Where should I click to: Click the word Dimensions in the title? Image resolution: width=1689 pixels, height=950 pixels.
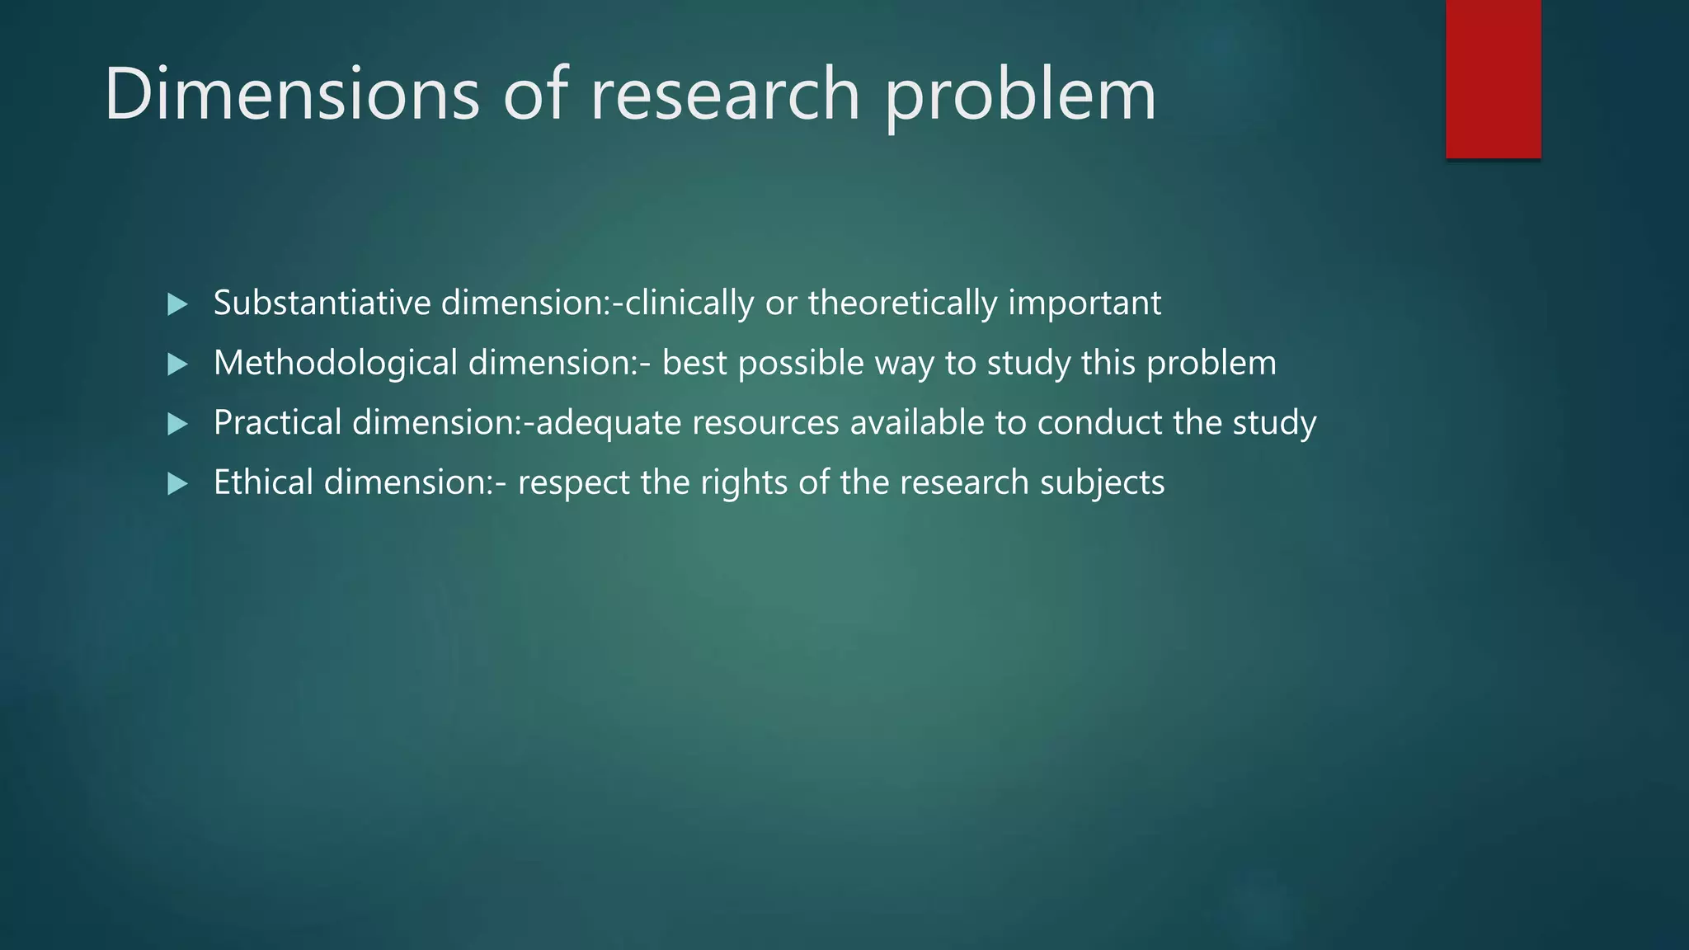tap(291, 94)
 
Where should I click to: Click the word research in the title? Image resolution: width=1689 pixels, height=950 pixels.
tap(725, 94)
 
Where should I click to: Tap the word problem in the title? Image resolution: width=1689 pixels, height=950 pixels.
tap(1021, 97)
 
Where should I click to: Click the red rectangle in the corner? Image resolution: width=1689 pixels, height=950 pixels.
tap(1493, 79)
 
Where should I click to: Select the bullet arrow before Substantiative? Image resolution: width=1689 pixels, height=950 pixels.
tap(177, 304)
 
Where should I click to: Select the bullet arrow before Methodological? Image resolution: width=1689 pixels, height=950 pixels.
tap(177, 364)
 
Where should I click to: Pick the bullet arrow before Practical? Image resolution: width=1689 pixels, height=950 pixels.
tap(177, 424)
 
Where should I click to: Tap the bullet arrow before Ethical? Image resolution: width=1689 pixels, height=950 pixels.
tap(177, 484)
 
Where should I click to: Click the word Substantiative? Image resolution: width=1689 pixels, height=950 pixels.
tap(322, 303)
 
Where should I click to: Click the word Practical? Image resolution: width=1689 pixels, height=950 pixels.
tap(277, 422)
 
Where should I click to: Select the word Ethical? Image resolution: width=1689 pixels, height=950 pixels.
tap(263, 482)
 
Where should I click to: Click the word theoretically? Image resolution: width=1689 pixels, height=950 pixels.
tap(902, 303)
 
